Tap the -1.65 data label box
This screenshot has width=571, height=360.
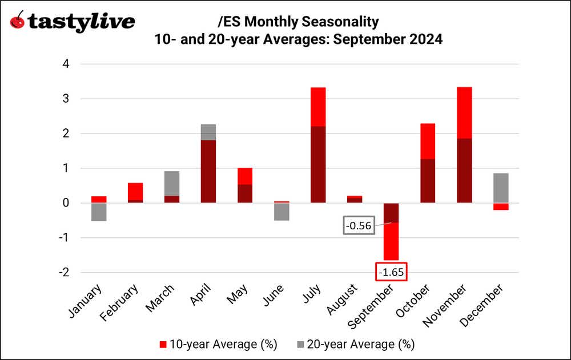point(391,272)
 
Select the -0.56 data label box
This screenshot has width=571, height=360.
point(360,226)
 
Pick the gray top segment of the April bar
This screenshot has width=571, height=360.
point(208,132)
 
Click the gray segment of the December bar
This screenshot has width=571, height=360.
point(500,188)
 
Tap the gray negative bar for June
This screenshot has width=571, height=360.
point(281,212)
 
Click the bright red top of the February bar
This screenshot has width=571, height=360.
point(135,192)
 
